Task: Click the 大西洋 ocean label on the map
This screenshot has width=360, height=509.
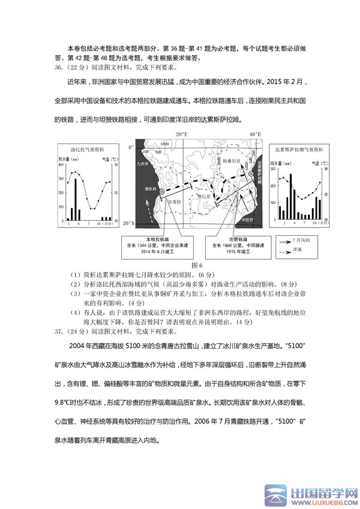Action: point(142,163)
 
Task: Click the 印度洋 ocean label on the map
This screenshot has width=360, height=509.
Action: point(248,220)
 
